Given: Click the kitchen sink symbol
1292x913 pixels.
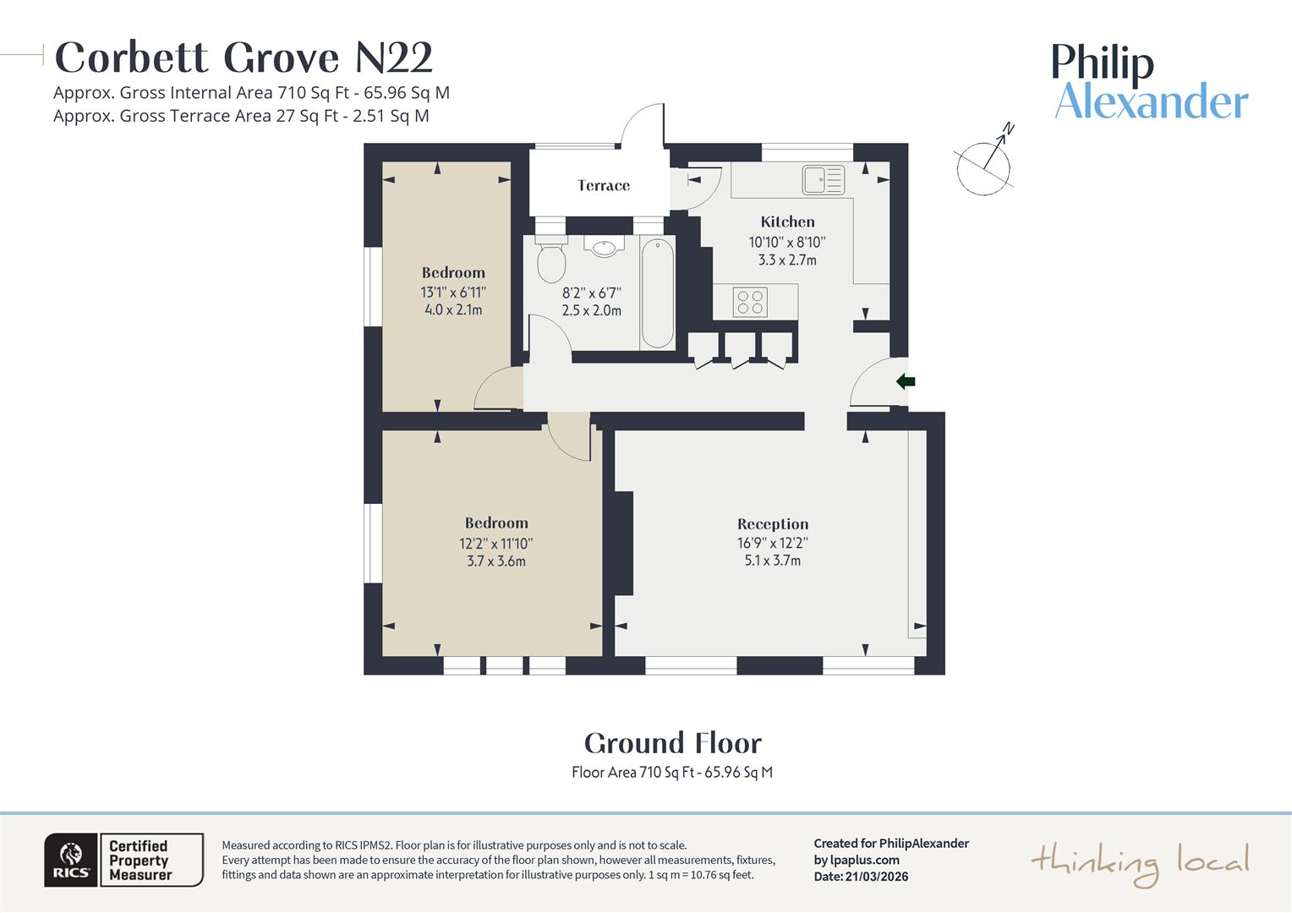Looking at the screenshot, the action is point(824,179).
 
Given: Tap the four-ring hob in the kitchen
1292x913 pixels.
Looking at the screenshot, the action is point(750,302).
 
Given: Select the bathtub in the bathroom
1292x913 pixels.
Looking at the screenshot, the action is point(657,293).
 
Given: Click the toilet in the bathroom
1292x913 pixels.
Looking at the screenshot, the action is point(551,263).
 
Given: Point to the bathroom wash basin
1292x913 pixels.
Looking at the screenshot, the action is point(604,248).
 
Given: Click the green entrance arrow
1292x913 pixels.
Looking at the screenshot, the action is point(906,382).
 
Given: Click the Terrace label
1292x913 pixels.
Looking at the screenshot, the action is point(604,185).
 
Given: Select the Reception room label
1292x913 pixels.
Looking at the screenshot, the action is point(773,524).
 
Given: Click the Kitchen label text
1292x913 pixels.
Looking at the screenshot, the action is point(787,221).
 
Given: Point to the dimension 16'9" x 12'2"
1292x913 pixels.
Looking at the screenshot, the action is point(773,544).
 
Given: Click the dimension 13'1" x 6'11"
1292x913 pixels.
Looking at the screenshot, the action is point(453,292).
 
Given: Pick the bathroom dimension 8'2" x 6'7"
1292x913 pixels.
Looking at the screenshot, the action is point(592,293).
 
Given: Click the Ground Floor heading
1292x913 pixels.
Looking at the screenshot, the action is point(672,743).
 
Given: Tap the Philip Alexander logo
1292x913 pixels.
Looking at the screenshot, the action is point(1150,82).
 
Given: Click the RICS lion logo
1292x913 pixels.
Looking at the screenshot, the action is point(72,860).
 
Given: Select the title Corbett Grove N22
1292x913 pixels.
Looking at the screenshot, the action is point(244,57).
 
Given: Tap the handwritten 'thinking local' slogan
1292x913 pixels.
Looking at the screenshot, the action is point(1139,862).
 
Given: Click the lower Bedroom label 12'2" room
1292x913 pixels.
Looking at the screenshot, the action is point(496,523).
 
